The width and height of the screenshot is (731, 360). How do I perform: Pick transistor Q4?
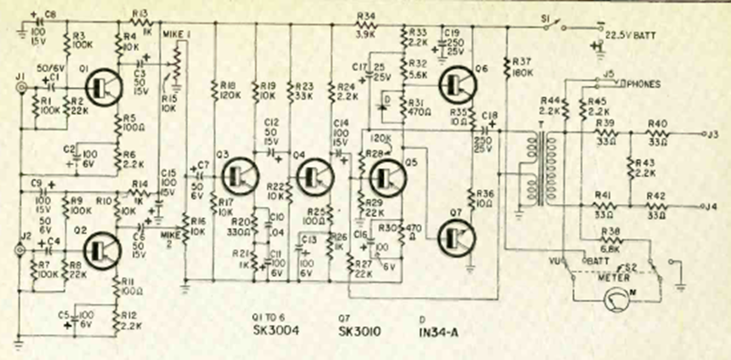click(x=314, y=176)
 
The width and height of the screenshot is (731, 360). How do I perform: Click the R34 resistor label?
click(x=366, y=15)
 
